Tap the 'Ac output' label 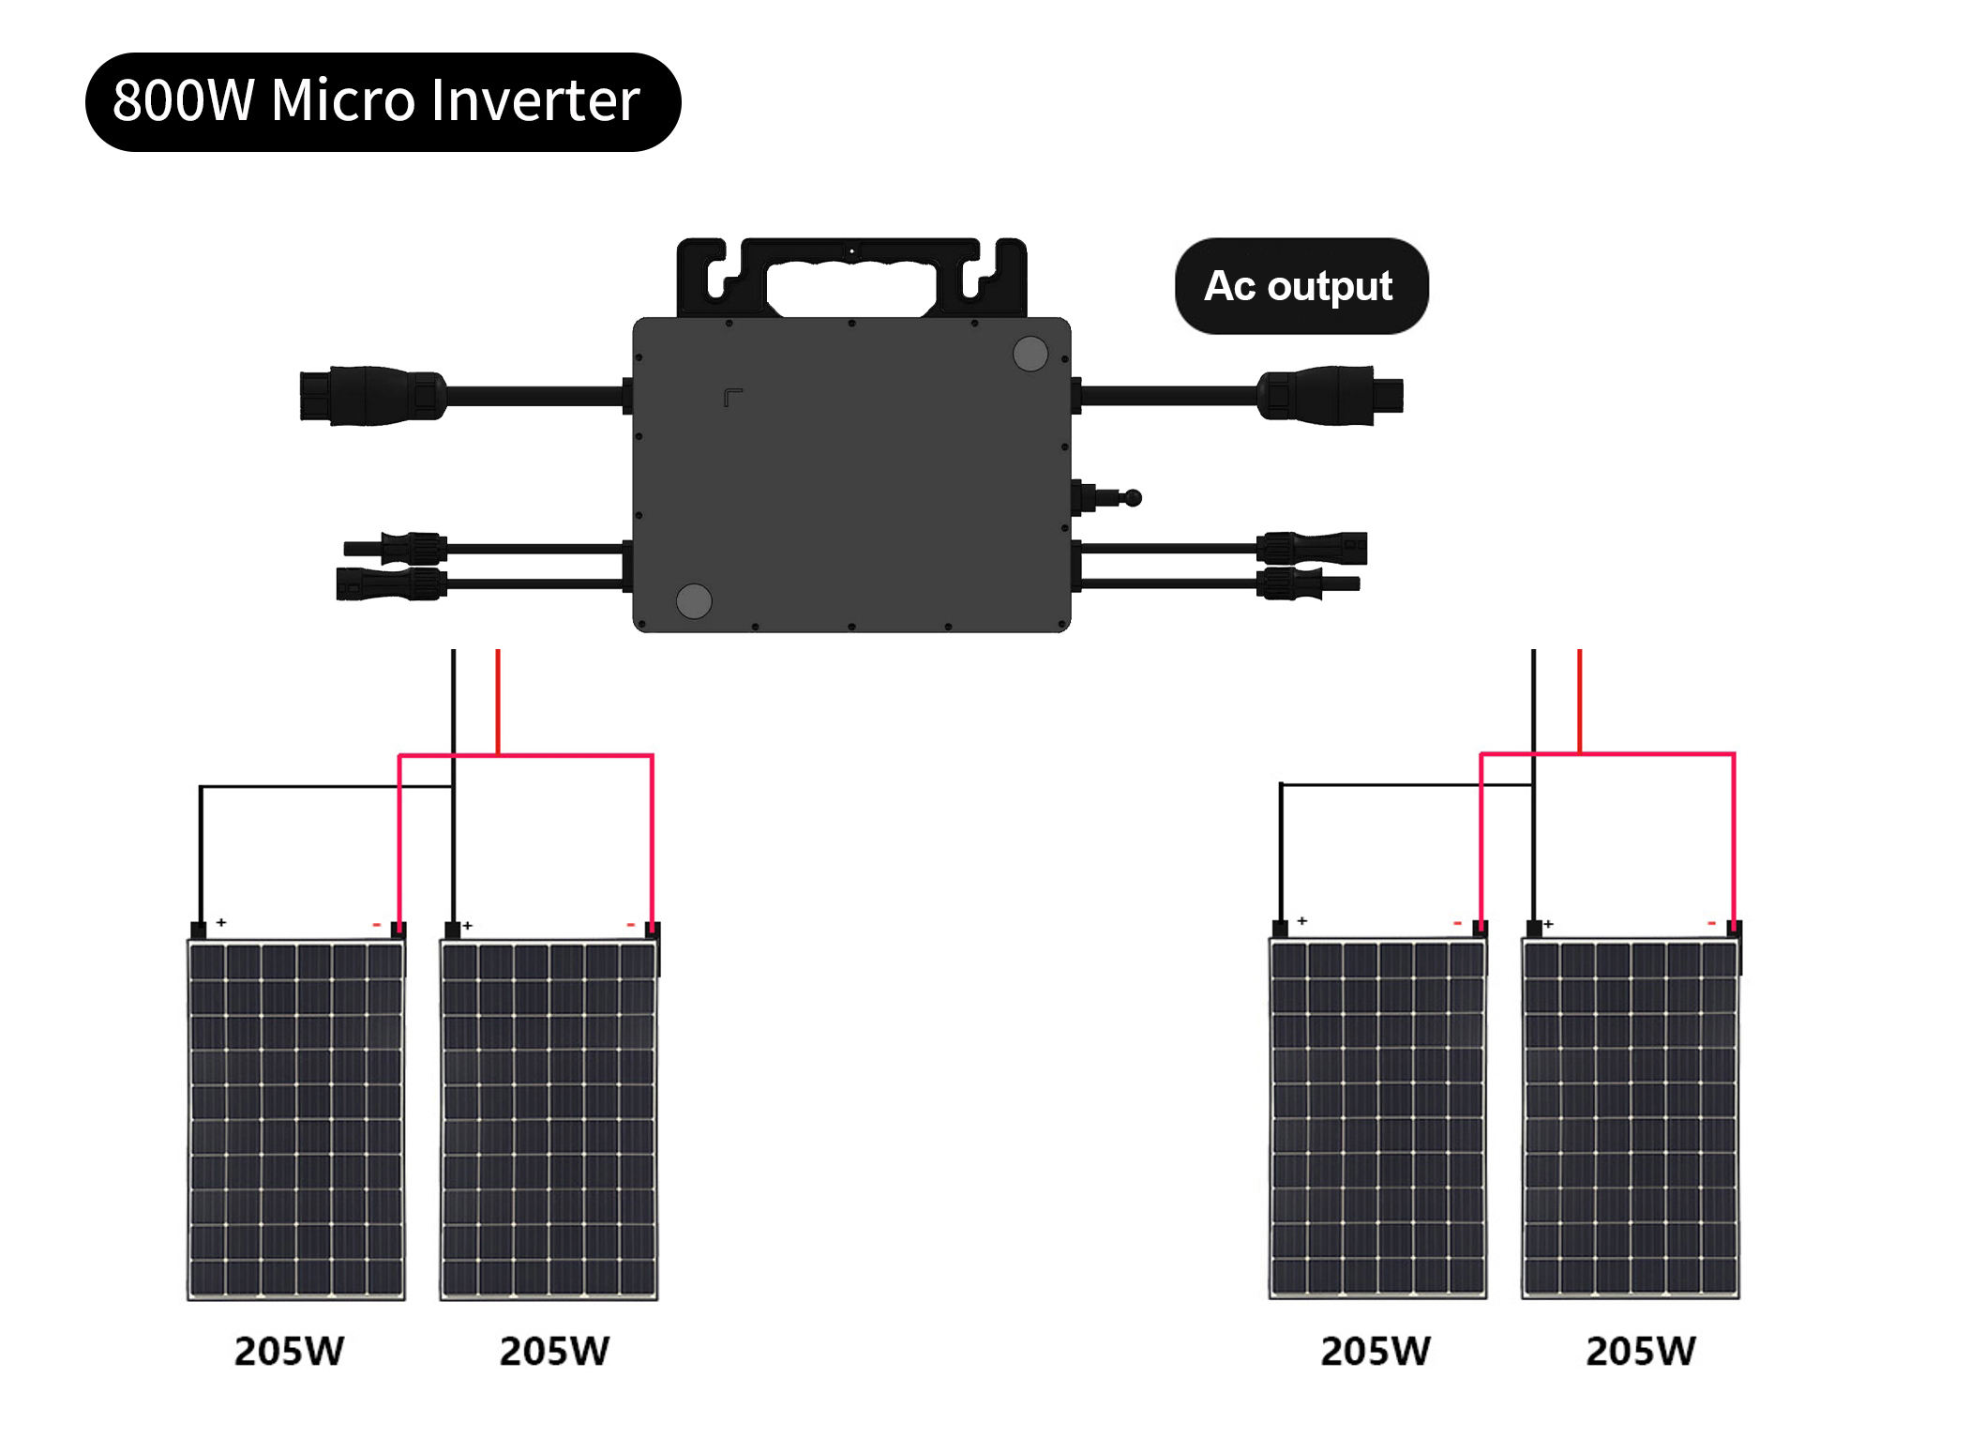[x=1300, y=286]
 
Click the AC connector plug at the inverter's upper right [x=1330, y=395]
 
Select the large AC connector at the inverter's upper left [x=372, y=395]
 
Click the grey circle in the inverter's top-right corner [x=1030, y=354]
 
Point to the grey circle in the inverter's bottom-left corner [x=694, y=600]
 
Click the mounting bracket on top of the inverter [x=851, y=277]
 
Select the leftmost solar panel [x=296, y=1120]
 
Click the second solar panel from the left [x=549, y=1120]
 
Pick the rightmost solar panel [x=1630, y=1120]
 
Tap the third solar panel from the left [x=1377, y=1120]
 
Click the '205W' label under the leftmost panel [x=289, y=1351]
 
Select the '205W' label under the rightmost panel [x=1640, y=1351]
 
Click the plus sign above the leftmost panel [x=221, y=922]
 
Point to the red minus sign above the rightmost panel [x=1711, y=924]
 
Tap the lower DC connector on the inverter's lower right [x=1303, y=583]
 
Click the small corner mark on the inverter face [x=732, y=398]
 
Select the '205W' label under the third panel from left [x=1375, y=1351]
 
